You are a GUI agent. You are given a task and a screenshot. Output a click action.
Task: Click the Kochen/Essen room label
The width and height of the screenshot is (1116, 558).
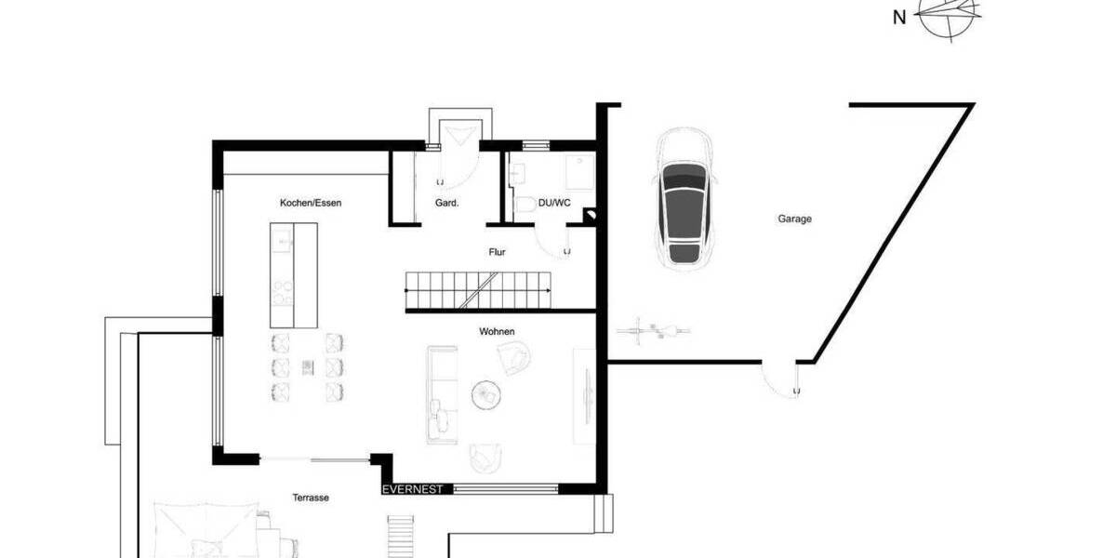coord(305,202)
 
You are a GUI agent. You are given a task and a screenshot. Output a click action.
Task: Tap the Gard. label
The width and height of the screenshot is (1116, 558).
coord(446,202)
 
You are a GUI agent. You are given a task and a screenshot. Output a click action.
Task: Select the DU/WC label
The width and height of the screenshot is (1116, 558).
coord(555,202)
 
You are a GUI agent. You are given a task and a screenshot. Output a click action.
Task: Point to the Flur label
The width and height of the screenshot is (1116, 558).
coord(498,252)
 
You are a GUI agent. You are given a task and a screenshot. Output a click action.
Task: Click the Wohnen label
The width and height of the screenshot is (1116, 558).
coord(497,331)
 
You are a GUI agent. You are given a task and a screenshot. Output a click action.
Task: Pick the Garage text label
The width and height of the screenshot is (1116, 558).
coord(794,219)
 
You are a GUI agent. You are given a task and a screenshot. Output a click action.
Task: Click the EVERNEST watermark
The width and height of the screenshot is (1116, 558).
coord(418,488)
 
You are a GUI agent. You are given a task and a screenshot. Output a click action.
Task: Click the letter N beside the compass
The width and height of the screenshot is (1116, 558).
coord(898,17)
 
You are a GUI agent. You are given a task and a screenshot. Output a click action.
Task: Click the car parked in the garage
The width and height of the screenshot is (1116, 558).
coord(684,197)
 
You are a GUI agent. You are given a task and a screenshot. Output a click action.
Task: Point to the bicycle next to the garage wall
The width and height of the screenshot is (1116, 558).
coord(653,328)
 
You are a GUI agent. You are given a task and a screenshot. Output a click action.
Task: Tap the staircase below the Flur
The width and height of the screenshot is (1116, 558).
coord(478,290)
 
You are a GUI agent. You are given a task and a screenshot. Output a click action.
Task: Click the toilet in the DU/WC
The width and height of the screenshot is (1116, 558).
coord(526,206)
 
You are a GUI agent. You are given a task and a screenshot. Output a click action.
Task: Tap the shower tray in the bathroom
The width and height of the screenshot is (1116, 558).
coord(580,173)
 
